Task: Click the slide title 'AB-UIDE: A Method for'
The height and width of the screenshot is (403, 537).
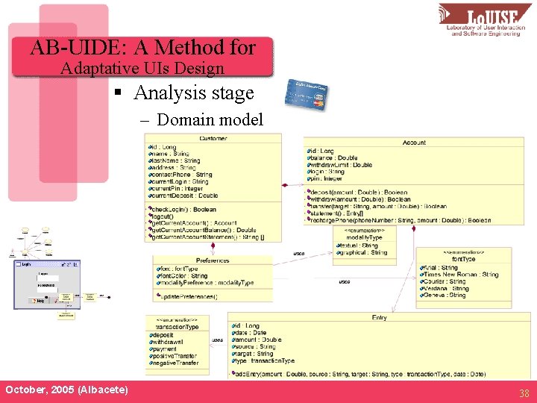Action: [x=142, y=49]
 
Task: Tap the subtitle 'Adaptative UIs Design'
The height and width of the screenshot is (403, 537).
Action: [x=142, y=69]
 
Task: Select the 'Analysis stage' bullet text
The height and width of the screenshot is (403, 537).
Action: [x=194, y=93]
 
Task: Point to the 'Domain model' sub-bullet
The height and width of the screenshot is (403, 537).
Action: [x=210, y=119]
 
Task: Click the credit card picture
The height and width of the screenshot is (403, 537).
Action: [x=308, y=93]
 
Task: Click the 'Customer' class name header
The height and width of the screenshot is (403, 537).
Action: [x=213, y=138]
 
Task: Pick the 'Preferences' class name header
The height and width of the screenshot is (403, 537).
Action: [x=213, y=260]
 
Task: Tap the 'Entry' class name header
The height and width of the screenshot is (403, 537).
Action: [x=379, y=317]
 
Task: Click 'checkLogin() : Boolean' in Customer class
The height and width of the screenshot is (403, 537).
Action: [x=183, y=210]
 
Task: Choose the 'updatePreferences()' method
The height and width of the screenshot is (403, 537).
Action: [x=187, y=297]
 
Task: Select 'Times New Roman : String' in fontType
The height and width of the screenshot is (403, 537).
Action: [x=461, y=275]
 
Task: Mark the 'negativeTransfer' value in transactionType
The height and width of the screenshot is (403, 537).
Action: [x=177, y=363]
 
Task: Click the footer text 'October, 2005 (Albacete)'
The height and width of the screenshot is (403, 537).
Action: [x=66, y=390]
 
